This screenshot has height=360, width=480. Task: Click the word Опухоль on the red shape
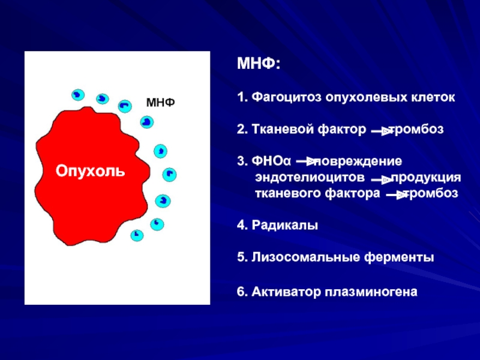(91, 171)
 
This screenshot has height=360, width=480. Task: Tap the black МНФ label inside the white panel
(160, 103)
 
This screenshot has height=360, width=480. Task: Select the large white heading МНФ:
(259, 64)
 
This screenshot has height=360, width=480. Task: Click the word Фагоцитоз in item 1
(287, 98)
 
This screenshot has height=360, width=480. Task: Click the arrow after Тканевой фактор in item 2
(382, 131)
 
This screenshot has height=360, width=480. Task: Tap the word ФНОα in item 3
(271, 161)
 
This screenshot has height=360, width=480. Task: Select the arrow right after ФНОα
(306, 161)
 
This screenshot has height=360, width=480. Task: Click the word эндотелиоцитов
(310, 177)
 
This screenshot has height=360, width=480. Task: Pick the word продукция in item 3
(426, 178)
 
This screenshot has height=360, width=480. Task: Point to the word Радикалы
(284, 226)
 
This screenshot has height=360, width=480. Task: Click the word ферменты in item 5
(399, 257)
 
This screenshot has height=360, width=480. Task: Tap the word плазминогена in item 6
(371, 292)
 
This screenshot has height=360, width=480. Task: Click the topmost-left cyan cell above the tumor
(78, 95)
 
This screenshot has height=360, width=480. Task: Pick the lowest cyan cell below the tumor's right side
(137, 235)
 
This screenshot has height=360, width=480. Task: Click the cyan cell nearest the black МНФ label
(146, 122)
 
